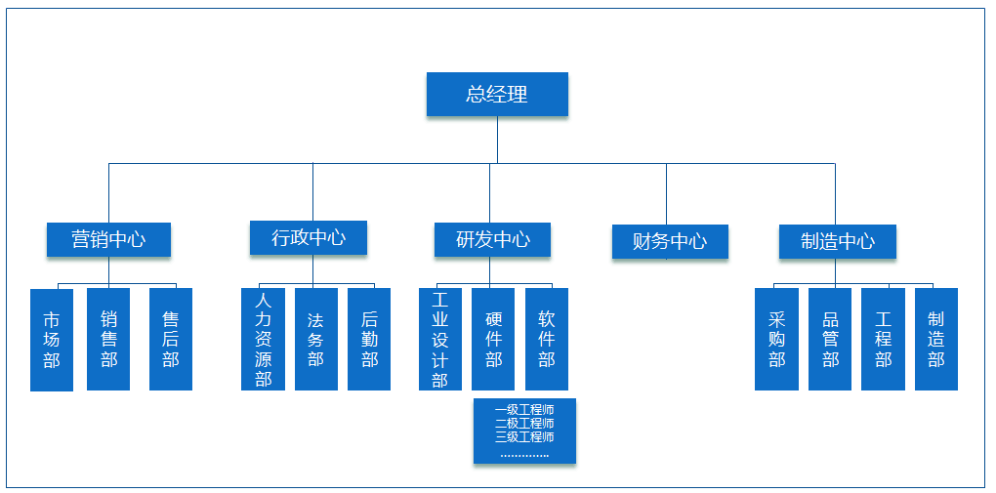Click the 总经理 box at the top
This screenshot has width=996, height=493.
tap(497, 95)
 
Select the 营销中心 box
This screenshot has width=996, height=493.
tap(108, 239)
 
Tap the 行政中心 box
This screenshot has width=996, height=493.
tap(309, 237)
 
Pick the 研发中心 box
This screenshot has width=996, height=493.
tap(492, 239)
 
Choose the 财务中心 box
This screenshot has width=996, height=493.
tap(670, 241)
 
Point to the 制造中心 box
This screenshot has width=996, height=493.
tap(837, 241)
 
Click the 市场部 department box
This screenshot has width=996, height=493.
tap(52, 339)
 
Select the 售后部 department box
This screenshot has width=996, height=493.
tap(171, 339)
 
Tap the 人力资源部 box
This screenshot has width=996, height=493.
tap(263, 339)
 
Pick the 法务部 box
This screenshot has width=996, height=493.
tap(315, 339)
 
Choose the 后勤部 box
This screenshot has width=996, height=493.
tap(369, 339)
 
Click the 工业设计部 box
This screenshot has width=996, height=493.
tap(439, 339)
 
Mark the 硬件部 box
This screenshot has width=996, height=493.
tap(493, 339)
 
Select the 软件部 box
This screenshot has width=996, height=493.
tap(547, 339)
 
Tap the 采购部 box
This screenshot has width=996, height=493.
tap(776, 339)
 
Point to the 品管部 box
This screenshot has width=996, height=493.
tap(830, 339)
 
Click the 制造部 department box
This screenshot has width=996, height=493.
tap(936, 339)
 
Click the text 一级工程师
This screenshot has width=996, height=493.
tap(524, 410)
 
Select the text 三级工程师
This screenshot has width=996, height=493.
tap(524, 437)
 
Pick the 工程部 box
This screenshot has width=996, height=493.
tap(883, 339)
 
